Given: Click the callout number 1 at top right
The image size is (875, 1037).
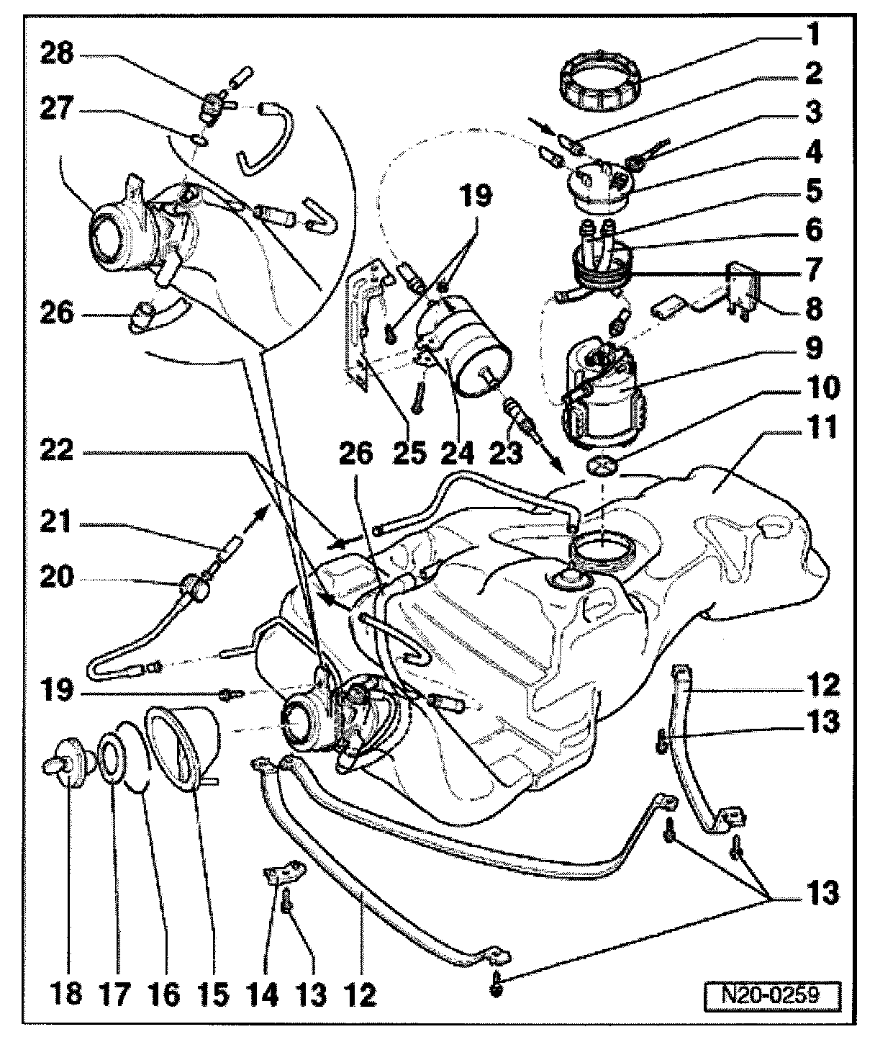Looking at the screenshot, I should (813, 34).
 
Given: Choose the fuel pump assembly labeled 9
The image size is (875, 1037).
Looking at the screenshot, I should (601, 392).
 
